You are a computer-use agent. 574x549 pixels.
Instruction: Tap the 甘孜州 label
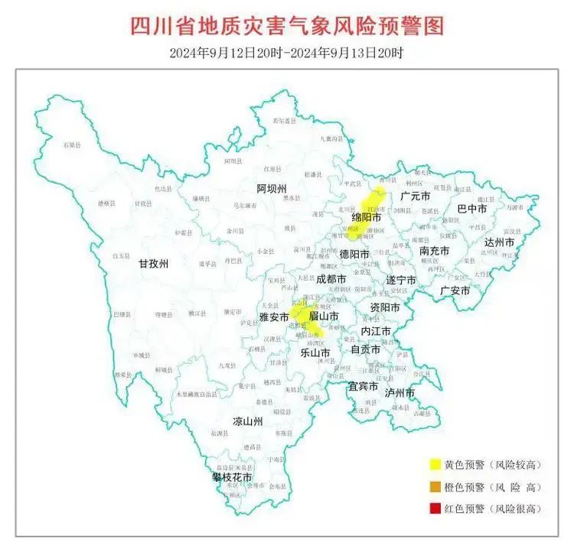tap(153, 264)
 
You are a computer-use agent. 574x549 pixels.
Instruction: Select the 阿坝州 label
tap(271, 189)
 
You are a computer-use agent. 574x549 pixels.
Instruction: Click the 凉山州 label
tap(248, 421)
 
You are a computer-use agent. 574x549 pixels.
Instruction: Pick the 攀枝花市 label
tap(232, 478)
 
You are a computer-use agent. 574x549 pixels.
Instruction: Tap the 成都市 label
tap(331, 279)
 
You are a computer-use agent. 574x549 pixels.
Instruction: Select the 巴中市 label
tap(471, 208)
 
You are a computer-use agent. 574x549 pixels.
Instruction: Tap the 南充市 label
tap(434, 250)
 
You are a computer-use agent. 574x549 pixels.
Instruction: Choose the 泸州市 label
tap(400, 392)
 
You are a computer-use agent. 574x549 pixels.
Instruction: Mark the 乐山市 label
tap(315, 353)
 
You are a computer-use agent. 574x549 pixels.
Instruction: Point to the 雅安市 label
tap(274, 316)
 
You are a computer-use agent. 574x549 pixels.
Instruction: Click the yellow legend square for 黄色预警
tap(434, 464)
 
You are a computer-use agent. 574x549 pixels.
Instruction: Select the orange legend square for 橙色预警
tap(434, 486)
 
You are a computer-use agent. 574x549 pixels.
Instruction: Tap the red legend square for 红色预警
tap(434, 508)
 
